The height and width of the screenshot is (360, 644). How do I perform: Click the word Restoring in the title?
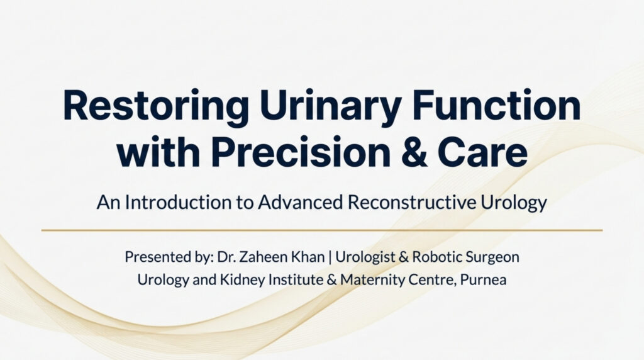point(156,106)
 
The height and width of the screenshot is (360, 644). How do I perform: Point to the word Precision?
point(301,152)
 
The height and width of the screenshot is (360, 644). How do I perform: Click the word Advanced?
point(300,202)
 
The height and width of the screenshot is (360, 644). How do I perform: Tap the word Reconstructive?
point(412,202)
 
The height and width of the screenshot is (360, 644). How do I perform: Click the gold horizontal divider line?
point(322,230)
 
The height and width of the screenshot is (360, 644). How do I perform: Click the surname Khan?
point(308,257)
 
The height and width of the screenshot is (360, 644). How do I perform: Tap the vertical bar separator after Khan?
point(330,257)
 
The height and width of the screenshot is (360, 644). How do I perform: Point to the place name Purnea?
point(483,280)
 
